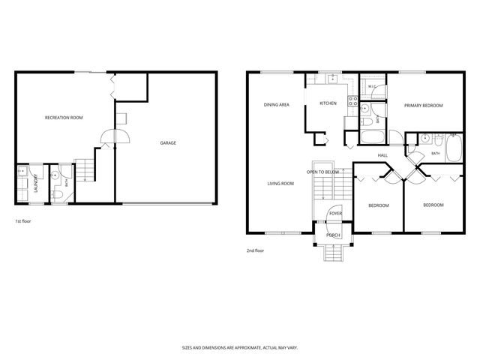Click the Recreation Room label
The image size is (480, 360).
64,118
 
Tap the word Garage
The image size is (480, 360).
168,143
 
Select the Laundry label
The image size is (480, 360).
36,183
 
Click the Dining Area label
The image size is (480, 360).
277,105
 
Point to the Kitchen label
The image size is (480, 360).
328,103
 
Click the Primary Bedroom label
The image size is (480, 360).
423,106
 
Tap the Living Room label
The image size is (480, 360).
280,184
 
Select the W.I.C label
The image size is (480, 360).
372,87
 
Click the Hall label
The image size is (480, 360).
382,155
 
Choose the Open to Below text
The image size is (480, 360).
323,172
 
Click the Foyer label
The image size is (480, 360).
335,213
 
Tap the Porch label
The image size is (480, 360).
333,235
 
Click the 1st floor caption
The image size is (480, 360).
23,221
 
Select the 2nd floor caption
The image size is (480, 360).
255,250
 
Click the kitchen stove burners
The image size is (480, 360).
352,101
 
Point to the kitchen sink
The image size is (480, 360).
332,79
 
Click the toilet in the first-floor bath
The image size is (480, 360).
57,194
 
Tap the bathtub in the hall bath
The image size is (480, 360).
454,148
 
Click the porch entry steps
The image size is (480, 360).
333,253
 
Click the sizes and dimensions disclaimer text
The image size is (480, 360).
240,348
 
